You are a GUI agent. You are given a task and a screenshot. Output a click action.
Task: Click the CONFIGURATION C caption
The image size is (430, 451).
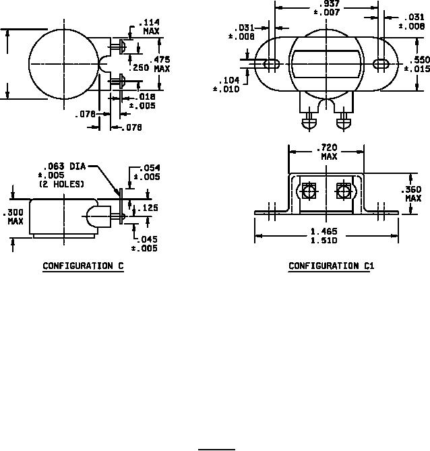click(x=83, y=266)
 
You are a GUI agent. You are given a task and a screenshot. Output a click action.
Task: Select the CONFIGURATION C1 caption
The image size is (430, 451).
click(x=332, y=266)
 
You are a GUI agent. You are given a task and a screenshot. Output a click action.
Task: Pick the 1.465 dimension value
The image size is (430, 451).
click(x=324, y=231)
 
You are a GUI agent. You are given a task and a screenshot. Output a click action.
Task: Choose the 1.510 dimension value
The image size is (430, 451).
click(x=324, y=240)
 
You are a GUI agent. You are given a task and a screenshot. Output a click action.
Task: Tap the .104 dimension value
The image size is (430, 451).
click(x=229, y=80)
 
